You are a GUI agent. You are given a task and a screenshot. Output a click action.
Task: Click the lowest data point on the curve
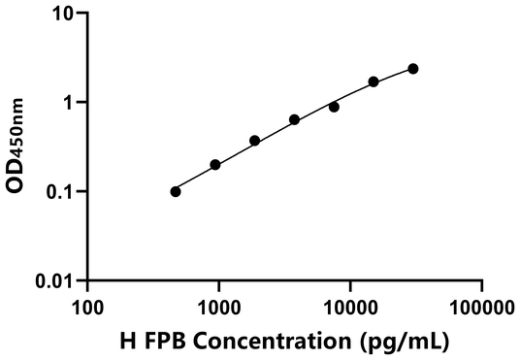click(x=176, y=191)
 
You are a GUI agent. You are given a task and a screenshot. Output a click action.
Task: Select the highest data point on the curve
click(x=413, y=69)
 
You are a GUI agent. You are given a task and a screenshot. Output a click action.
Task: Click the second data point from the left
click(x=215, y=165)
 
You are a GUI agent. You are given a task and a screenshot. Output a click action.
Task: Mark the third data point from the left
click(x=255, y=141)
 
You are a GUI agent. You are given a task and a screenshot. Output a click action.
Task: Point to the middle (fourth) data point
click(x=294, y=120)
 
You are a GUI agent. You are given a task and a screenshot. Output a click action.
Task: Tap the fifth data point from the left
click(x=334, y=107)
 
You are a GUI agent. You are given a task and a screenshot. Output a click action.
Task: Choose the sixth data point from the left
click(x=374, y=82)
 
